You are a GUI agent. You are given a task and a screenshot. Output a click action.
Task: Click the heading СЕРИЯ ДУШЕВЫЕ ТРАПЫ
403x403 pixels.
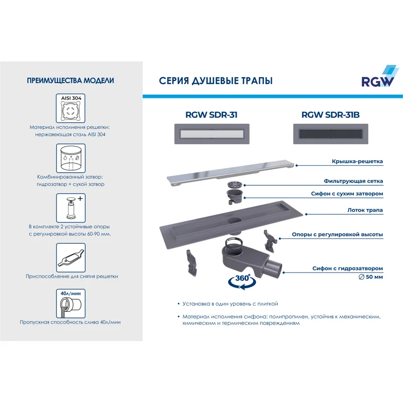pyautogui.click(x=216, y=81)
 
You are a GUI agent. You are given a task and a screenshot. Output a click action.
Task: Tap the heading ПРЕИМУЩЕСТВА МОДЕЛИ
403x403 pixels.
pyautogui.click(x=70, y=81)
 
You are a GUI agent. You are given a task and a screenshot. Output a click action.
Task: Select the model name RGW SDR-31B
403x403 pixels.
pyautogui.click(x=330, y=115)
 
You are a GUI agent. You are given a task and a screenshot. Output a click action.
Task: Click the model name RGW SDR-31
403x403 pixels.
pyautogui.click(x=211, y=115)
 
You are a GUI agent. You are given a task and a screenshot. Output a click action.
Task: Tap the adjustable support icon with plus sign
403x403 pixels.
pyautogui.click(x=70, y=208)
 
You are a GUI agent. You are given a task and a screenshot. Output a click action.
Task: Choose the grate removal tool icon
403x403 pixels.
pyautogui.click(x=70, y=257)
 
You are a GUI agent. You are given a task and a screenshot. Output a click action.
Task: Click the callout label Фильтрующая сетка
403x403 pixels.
pyautogui.click(x=353, y=181)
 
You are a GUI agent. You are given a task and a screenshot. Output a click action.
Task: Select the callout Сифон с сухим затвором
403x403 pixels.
pyautogui.click(x=346, y=193)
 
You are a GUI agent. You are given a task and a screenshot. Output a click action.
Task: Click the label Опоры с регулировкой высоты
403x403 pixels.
pyautogui.click(x=338, y=234)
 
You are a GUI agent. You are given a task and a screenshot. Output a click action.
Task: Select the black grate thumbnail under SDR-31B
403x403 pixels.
pyautogui.click(x=330, y=135)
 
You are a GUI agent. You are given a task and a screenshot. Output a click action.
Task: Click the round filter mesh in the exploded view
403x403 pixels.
pyautogui.click(x=235, y=184)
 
